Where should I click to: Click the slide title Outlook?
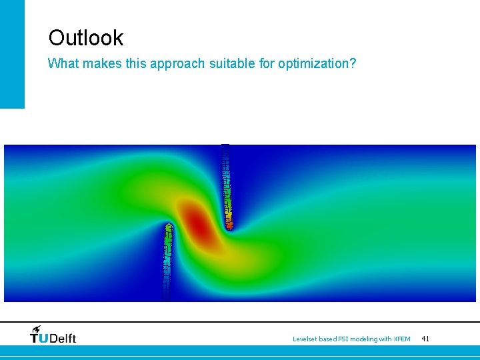tap(85, 37)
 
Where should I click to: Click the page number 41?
tap(425, 339)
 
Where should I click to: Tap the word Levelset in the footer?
tap(307, 339)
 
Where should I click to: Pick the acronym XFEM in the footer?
tap(402, 339)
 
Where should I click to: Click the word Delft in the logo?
tap(63, 339)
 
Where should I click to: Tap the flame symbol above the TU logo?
tap(36, 329)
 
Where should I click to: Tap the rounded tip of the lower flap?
tap(169, 227)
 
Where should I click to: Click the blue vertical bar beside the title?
tap(12, 53)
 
